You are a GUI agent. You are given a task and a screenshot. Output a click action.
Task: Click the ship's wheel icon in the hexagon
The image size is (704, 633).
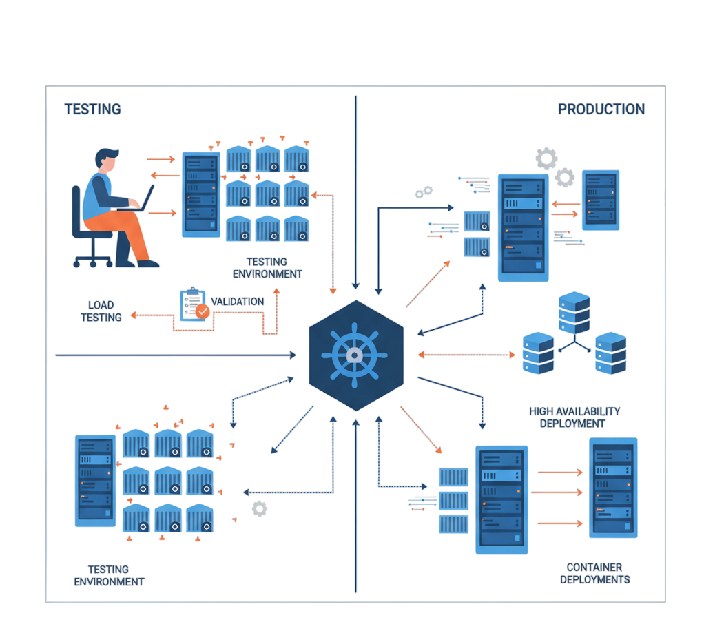tap(354, 355)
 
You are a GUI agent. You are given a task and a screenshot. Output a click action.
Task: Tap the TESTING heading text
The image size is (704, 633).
tap(92, 109)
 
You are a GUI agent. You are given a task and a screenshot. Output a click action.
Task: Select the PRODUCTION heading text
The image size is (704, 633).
tap(601, 109)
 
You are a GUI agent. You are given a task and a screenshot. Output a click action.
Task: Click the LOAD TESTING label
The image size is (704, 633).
tap(101, 311)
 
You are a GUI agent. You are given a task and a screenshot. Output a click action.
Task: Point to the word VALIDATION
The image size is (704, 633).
tap(237, 301)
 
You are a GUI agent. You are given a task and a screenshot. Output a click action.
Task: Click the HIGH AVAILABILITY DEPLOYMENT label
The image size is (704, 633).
tap(574, 417)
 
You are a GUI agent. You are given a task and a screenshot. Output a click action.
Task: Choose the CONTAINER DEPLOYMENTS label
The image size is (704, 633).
tap(594, 573)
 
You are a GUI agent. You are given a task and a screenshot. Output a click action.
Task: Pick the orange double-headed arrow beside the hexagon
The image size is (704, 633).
tap(466, 355)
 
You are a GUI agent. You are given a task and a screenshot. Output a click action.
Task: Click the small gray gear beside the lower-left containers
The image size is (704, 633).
tap(259, 508)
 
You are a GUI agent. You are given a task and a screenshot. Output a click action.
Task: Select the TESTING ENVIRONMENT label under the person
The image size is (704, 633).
tap(267, 267)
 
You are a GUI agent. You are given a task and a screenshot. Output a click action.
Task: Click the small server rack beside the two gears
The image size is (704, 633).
tap(600, 200)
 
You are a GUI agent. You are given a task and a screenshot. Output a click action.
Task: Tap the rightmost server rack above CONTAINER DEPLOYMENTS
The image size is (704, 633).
tap(613, 487)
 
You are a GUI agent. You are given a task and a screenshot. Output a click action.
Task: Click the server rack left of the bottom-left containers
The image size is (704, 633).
tap(95, 480)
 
